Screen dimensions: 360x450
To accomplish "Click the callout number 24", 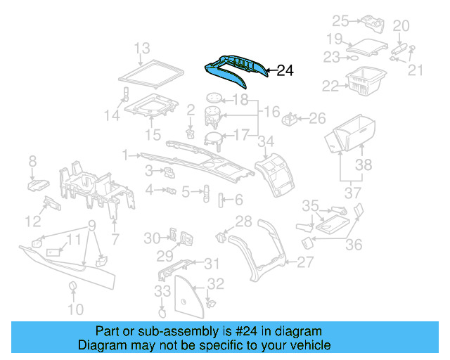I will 285,70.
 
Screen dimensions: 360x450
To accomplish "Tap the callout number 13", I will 142,49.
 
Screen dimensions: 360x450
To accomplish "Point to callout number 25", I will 340,20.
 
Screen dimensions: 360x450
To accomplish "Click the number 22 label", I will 330,86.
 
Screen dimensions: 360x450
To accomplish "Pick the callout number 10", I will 75,309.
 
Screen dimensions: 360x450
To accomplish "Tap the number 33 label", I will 162,290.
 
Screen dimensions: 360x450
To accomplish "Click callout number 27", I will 305,262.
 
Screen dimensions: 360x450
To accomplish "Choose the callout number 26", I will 317,117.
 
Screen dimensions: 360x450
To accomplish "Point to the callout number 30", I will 153,238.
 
